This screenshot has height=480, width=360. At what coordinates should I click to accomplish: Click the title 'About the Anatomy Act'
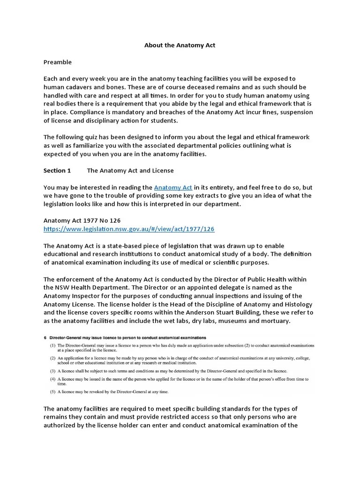point(179,45)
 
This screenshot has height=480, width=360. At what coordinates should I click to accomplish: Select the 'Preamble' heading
point(58,62)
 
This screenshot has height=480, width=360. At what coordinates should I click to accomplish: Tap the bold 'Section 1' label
point(57,171)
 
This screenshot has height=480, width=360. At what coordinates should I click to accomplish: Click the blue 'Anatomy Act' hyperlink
point(173,187)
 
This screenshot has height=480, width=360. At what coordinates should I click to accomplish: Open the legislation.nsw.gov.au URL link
point(129,229)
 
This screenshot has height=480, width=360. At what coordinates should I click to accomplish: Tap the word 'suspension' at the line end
point(293,112)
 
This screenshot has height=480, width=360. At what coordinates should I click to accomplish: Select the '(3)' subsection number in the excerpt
point(53,369)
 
